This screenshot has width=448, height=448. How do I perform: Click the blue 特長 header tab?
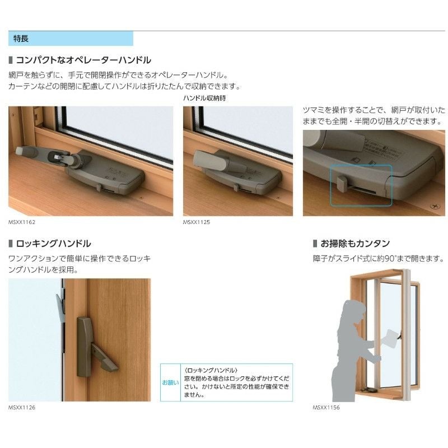click(x=71, y=39)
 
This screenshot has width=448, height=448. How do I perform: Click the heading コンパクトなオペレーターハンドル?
click(x=83, y=60)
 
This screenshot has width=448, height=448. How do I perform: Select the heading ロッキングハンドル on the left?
click(x=53, y=244)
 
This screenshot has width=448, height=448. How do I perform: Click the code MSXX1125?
click(x=196, y=222)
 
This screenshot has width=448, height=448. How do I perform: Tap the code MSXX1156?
click(x=326, y=408)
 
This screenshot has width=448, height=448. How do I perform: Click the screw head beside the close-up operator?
click(x=433, y=207)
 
